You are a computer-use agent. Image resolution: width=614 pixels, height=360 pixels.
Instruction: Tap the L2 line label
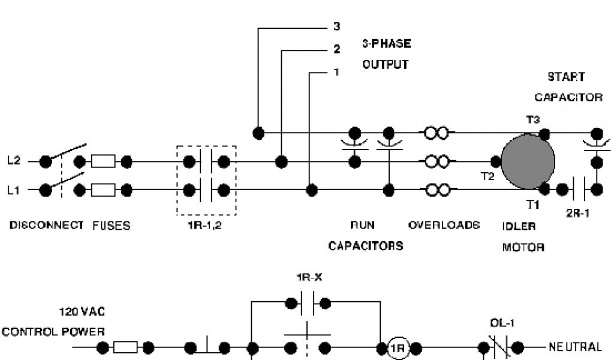coord(14,161)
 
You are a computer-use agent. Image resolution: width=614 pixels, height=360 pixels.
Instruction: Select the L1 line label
coord(14,190)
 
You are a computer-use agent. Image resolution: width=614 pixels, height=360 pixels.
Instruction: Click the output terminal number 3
coord(336,27)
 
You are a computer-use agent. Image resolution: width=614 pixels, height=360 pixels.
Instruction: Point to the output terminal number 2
coord(336,50)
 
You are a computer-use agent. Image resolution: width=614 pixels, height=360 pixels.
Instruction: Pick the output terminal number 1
coord(336,72)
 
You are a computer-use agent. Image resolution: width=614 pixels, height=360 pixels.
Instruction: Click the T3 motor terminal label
coord(532,120)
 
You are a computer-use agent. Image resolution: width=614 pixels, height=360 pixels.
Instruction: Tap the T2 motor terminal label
coord(487,176)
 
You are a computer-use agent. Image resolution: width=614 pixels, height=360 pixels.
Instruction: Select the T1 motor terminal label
coord(533,205)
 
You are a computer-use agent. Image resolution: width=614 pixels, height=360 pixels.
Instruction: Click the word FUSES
coord(111,226)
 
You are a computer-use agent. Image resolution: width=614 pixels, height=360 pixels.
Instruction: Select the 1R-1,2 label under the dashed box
coord(205,226)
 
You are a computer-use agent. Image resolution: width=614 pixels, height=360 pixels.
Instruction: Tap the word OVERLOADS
coord(444,225)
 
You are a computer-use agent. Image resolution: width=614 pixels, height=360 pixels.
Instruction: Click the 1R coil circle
coord(397,348)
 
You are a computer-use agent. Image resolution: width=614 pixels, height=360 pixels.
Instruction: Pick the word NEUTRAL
coord(574,347)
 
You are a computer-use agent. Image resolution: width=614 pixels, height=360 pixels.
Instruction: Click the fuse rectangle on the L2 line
coord(103,161)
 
